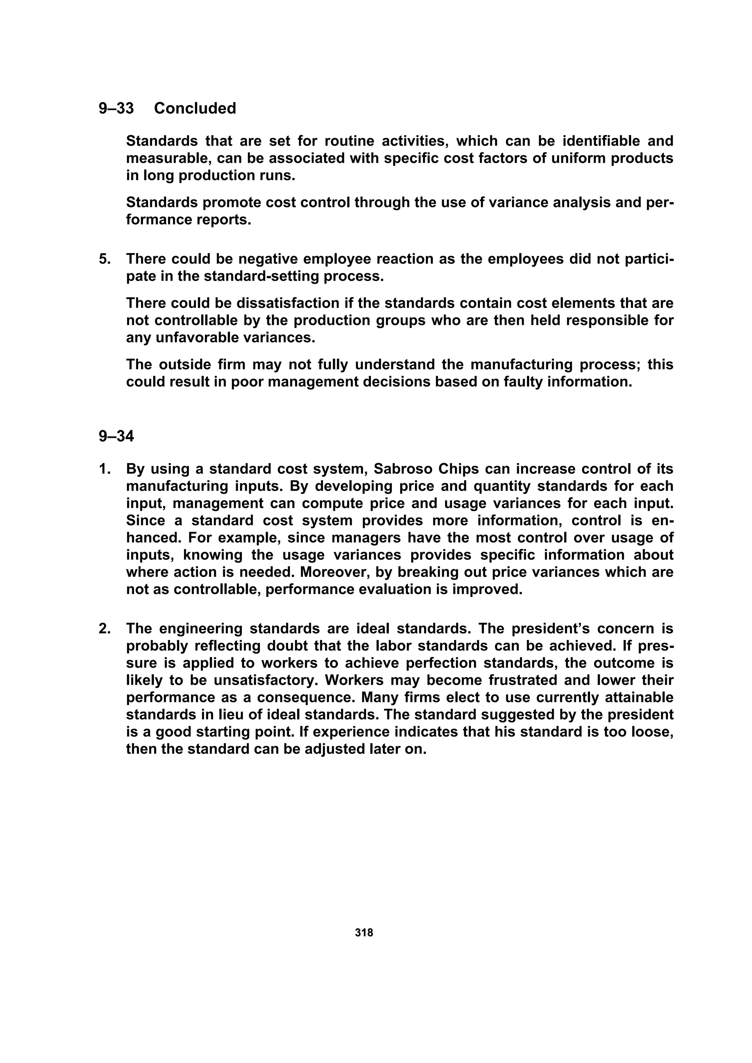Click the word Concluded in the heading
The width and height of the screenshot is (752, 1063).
click(x=195, y=108)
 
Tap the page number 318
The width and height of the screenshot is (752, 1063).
click(x=364, y=932)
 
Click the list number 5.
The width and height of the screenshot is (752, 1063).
click(x=104, y=259)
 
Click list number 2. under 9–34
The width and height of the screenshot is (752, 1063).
click(x=104, y=629)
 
